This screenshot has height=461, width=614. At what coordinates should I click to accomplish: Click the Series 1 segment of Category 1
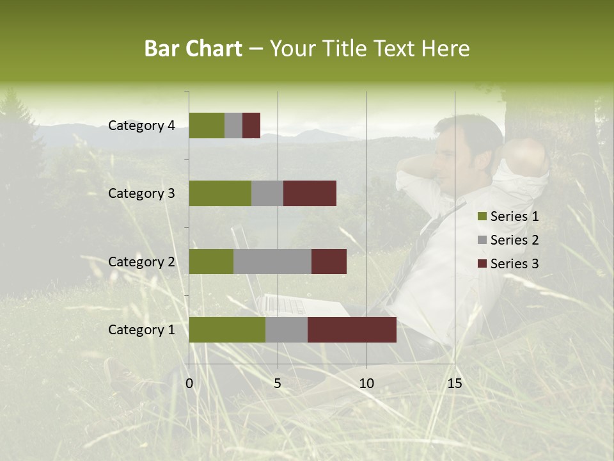coord(227,330)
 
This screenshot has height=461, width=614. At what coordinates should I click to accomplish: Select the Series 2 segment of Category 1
coord(287,330)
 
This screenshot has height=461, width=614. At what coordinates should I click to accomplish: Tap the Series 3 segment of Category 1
coord(352,330)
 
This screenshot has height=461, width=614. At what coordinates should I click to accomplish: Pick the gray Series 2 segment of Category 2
coord(272,261)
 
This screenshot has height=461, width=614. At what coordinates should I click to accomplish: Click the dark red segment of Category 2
coord(329,261)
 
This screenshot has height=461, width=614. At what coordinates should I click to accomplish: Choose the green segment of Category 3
coord(220,193)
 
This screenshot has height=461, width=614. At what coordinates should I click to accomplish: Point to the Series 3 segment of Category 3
coord(310,193)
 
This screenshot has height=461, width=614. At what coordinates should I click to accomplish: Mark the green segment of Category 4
coord(207,125)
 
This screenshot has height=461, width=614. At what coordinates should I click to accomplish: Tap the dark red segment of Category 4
coord(251,125)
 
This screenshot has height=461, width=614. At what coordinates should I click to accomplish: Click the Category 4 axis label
coord(141,125)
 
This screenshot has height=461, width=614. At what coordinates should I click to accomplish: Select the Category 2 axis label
coord(141,261)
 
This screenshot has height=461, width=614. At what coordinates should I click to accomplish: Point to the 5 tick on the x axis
coord(278,384)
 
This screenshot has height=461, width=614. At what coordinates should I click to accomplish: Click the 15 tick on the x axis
coord(454,384)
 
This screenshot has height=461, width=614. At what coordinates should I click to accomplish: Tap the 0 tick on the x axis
coord(189,384)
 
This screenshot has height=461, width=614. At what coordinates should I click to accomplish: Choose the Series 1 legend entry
coord(514,216)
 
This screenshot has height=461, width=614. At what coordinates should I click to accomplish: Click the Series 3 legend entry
coord(514,264)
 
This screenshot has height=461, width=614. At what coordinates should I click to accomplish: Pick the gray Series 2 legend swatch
coord(482,240)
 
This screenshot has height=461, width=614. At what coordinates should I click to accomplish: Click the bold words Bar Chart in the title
coord(193,49)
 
